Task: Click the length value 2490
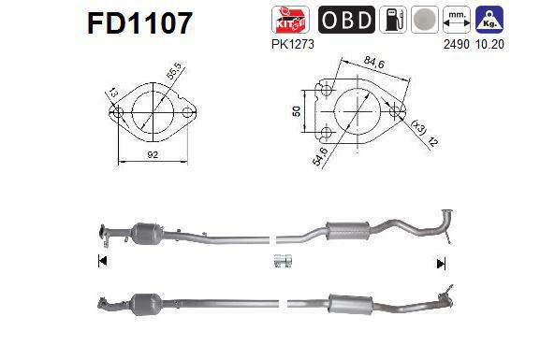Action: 475,42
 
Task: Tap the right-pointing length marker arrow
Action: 441,264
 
